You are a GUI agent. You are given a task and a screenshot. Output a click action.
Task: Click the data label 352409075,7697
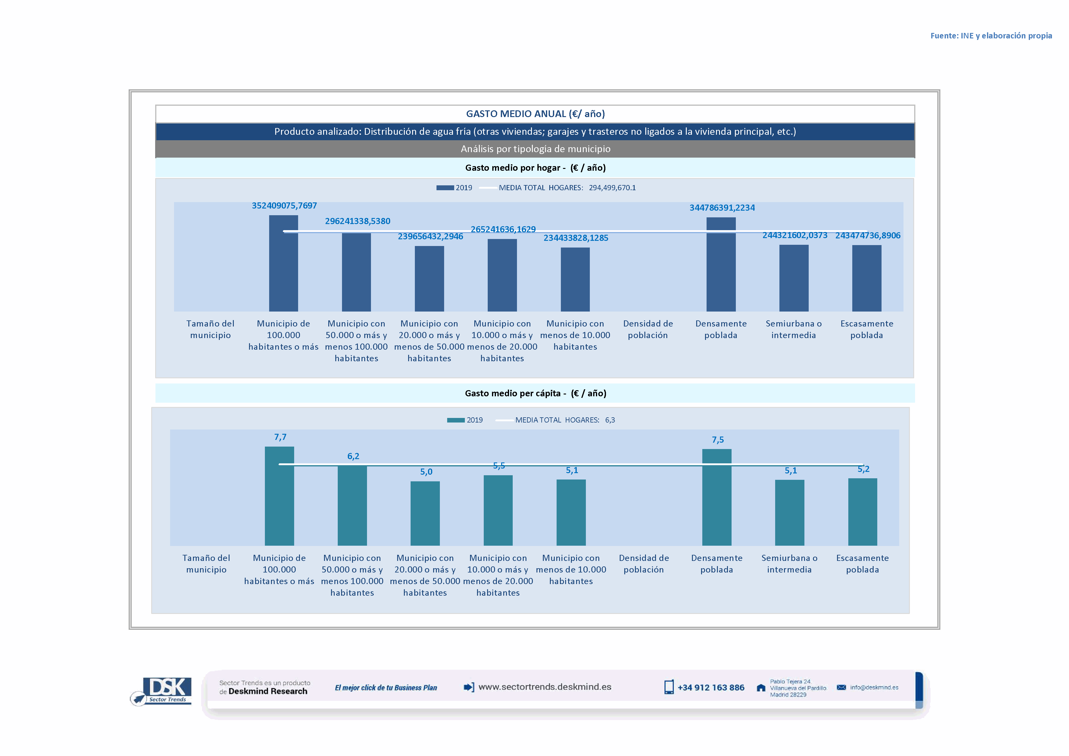pyautogui.click(x=284, y=206)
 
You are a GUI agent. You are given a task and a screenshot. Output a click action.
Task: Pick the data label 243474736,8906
pyautogui.click(x=868, y=236)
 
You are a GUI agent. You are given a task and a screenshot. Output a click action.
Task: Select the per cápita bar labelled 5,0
pyautogui.click(x=425, y=513)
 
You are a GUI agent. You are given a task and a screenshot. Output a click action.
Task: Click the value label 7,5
pyautogui.click(x=718, y=440)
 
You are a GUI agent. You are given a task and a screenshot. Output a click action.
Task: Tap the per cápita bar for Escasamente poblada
pyautogui.click(x=862, y=512)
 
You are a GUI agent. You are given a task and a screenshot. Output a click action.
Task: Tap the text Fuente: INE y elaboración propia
pyautogui.click(x=991, y=36)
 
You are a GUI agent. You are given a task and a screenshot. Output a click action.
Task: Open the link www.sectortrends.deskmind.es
pyautogui.click(x=544, y=687)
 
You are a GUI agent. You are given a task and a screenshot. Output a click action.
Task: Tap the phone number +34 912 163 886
pyautogui.click(x=711, y=688)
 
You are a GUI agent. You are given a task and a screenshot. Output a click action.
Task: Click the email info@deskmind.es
pyautogui.click(x=874, y=688)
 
